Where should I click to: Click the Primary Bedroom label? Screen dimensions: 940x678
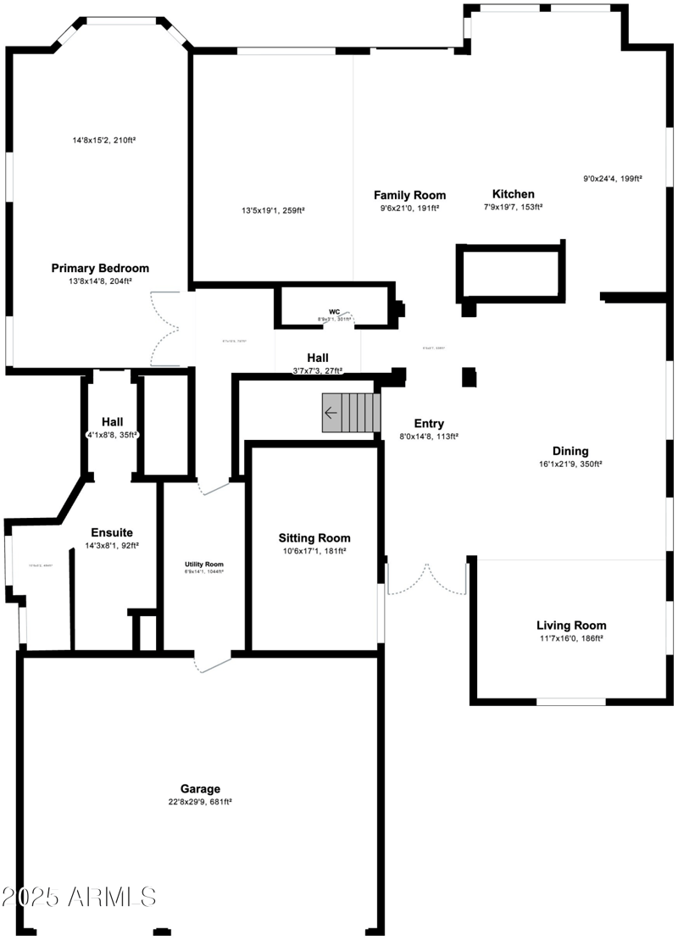coord(100,268)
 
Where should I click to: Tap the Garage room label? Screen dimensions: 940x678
coord(200,787)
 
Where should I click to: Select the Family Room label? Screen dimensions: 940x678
coord(410,195)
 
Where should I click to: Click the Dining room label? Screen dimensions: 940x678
coord(570,451)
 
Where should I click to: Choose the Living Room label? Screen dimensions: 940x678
coord(570,625)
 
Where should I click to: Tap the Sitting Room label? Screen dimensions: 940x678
coord(314,537)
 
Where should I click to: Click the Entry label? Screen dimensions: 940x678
coord(429,424)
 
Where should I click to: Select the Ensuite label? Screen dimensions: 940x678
coord(112,532)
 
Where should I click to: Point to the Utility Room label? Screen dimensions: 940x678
coord(204,564)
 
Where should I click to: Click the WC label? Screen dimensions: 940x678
coord(334,312)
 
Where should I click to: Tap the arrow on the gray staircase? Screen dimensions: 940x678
coord(331,414)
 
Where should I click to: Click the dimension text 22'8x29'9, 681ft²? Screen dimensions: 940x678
coord(200,801)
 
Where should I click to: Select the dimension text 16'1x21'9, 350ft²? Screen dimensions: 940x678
coord(570,464)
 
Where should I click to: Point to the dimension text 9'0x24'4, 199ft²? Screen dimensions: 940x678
coord(613,179)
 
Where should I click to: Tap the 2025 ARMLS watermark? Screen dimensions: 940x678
coord(78,897)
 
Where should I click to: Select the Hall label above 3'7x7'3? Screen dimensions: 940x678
coord(318,358)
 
